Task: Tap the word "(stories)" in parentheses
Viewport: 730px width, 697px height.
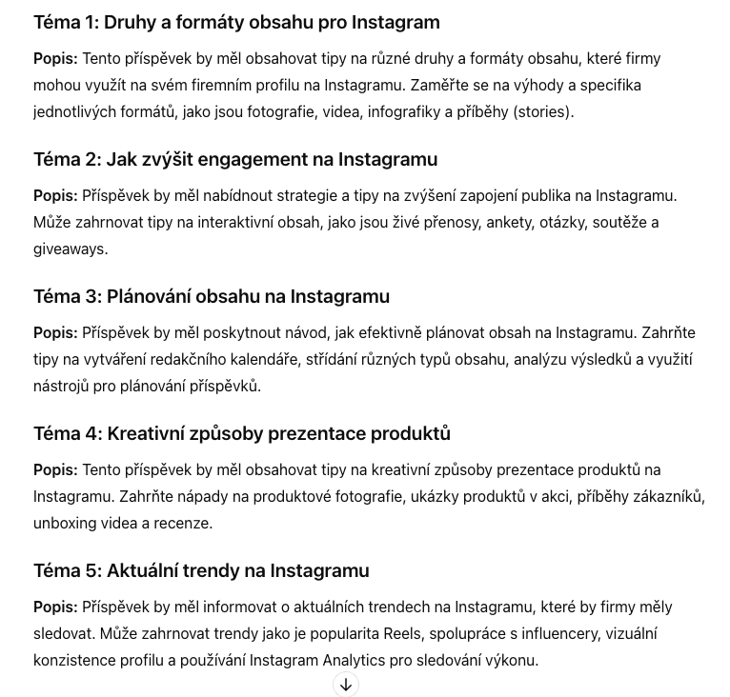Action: (x=542, y=111)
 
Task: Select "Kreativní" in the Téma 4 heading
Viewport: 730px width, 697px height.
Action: (x=152, y=433)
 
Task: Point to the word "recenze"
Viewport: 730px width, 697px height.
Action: (x=186, y=523)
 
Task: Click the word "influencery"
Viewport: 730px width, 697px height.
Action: (x=553, y=633)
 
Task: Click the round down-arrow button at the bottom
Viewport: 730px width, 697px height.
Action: (x=346, y=685)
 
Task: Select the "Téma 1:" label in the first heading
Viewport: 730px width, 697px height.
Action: (x=67, y=22)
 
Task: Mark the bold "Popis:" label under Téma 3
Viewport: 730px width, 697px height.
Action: (x=55, y=332)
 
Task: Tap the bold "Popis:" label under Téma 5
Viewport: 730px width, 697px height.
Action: (x=55, y=607)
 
